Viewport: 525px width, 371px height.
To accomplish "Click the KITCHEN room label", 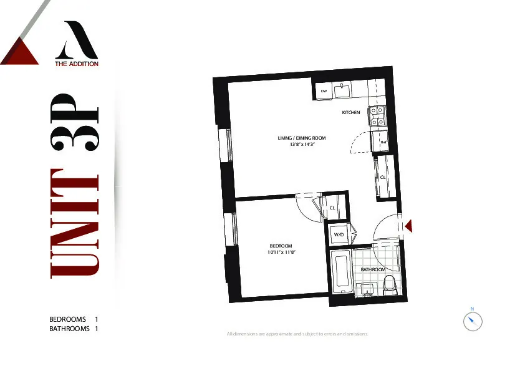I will tap(350, 113).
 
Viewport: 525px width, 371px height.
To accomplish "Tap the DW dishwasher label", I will tap(324, 92).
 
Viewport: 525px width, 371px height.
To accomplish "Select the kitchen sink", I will tap(342, 91).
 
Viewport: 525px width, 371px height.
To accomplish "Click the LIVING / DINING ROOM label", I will tap(302, 138).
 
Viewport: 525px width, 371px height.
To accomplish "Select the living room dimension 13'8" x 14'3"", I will tap(302, 144).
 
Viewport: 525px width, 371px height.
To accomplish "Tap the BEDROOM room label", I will tap(281, 246).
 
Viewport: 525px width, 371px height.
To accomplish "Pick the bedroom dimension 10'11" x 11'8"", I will tap(281, 253).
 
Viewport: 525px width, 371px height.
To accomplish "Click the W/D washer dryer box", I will tap(339, 234).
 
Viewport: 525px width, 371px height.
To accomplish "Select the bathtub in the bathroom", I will tap(342, 272).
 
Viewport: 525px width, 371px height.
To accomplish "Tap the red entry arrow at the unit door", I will tap(408, 226).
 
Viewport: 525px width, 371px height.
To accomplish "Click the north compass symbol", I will tap(473, 321).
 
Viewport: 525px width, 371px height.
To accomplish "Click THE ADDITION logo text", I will tap(76, 64).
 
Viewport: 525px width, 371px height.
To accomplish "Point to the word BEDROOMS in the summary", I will tap(67, 319).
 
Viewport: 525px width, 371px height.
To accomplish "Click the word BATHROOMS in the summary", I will tap(69, 329).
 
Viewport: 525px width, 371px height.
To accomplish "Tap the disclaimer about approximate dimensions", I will tap(298, 334).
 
